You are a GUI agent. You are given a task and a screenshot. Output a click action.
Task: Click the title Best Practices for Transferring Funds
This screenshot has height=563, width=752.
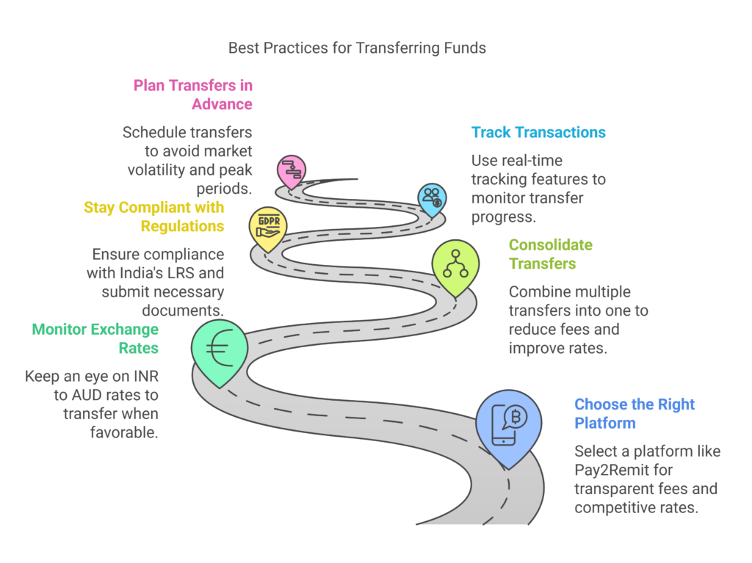pyautogui.click(x=357, y=48)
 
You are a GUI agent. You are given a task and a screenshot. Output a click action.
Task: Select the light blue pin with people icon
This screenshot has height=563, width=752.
pyautogui.click(x=432, y=198)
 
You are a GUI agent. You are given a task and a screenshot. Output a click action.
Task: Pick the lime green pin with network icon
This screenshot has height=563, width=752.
pyautogui.click(x=455, y=265)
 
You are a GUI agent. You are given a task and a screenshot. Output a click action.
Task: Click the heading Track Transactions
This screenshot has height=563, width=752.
pyautogui.click(x=538, y=132)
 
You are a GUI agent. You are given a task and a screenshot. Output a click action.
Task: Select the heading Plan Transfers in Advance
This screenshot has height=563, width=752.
pyautogui.click(x=193, y=95)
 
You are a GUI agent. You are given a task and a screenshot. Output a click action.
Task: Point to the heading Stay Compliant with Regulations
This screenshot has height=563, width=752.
pyautogui.click(x=154, y=217)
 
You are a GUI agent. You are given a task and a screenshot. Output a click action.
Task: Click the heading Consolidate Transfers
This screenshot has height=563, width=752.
pyautogui.click(x=550, y=254)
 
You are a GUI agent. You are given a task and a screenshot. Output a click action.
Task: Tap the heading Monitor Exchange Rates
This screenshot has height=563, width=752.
pyautogui.click(x=95, y=338)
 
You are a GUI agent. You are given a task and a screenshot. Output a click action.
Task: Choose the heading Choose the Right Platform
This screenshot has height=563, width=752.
pyautogui.click(x=634, y=414)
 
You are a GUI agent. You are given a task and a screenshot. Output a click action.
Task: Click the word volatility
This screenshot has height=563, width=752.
pyautogui.click(x=156, y=170)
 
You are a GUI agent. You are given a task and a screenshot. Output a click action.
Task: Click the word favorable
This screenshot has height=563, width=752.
pyautogui.click(x=124, y=433)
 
